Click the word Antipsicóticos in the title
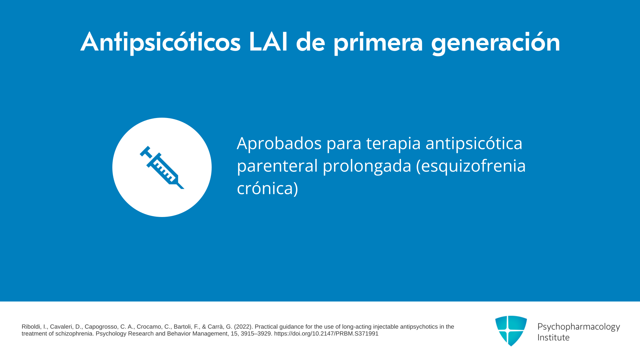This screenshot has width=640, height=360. pyautogui.click(x=160, y=42)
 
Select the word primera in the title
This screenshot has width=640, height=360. pyautogui.click(x=378, y=43)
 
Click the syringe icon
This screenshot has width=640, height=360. pyautogui.click(x=162, y=167)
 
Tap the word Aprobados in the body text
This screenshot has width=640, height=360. pyautogui.click(x=279, y=143)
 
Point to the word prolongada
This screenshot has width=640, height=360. pyautogui.click(x=367, y=166)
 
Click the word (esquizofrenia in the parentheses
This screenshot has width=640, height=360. pyautogui.click(x=471, y=166)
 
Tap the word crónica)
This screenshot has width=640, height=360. pyautogui.click(x=267, y=188)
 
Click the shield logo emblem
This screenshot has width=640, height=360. pyautogui.click(x=511, y=331)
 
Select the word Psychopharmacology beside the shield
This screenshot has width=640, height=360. pyautogui.click(x=579, y=327)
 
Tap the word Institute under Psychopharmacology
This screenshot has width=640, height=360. pyautogui.click(x=553, y=338)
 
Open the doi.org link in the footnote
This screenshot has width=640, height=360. pyautogui.click(x=326, y=334)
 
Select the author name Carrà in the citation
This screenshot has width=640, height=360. pyautogui.click(x=215, y=327)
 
